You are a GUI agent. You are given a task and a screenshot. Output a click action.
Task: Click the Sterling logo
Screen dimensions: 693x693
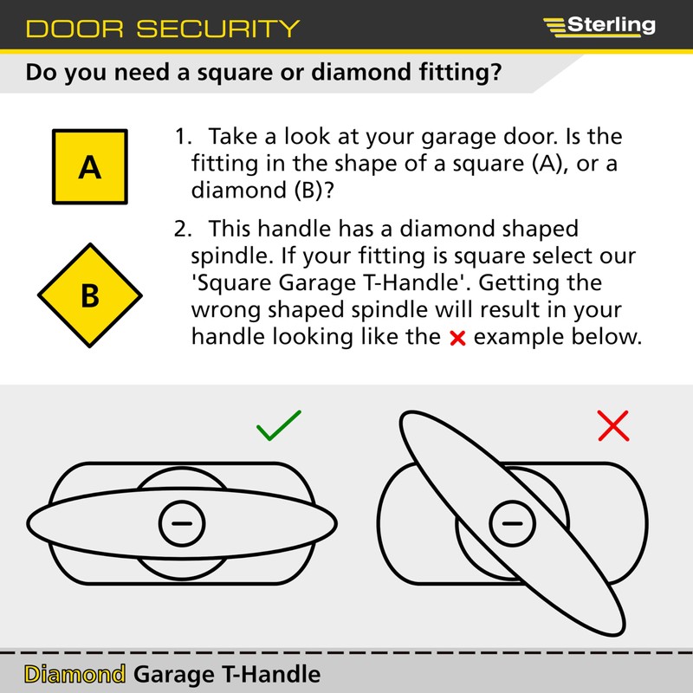[599, 25]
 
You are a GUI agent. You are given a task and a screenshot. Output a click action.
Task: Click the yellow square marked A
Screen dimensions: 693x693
[89, 166]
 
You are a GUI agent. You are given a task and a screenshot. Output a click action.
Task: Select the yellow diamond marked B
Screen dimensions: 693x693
[89, 295]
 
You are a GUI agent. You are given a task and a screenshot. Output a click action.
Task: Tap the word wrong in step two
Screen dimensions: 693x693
[226, 311]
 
